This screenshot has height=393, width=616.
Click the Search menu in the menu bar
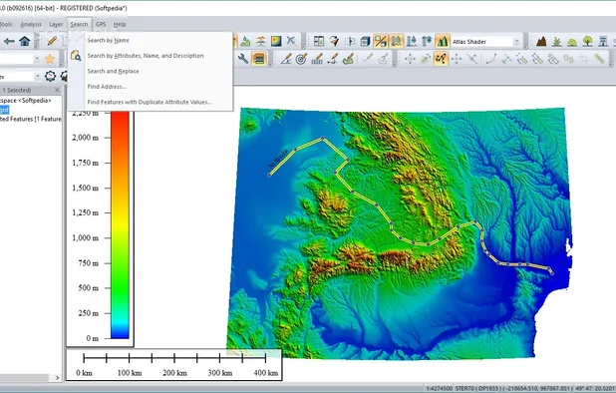80,23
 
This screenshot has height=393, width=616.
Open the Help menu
120,23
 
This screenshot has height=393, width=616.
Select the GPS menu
101,23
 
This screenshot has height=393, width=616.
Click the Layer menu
56,23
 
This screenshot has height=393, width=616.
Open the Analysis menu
31,23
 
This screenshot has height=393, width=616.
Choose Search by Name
108,40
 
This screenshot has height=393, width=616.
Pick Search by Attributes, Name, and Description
146,56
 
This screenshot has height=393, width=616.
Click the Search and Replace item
113,71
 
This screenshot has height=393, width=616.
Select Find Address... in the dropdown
107,87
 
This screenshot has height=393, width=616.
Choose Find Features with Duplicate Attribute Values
150,102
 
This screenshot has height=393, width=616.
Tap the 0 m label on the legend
93,339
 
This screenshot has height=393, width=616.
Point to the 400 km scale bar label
266,372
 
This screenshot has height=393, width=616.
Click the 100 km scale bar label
130,372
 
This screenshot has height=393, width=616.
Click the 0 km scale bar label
84,372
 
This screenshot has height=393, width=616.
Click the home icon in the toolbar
24,41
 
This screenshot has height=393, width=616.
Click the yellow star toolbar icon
50,59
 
